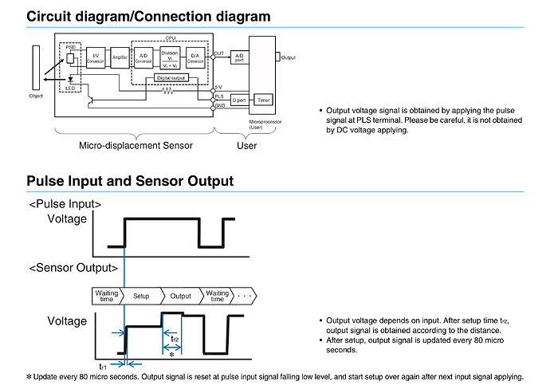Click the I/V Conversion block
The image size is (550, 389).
(95, 57)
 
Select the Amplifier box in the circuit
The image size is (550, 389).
(120, 57)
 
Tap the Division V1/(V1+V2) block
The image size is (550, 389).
(170, 58)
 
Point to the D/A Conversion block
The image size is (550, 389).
(196, 58)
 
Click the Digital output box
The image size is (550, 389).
(172, 78)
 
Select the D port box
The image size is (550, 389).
(240, 100)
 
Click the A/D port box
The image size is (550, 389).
(240, 56)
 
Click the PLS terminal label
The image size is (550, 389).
(219, 96)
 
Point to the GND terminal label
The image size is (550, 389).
(219, 105)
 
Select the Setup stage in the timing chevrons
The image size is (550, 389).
(141, 295)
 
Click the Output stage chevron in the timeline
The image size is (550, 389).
(180, 295)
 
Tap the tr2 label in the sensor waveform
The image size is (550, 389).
(175, 338)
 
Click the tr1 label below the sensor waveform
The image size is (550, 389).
(102, 366)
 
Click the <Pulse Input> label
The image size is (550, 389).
(65, 204)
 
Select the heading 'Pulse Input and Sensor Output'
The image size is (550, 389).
(130, 181)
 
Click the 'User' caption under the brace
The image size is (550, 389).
(248, 146)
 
